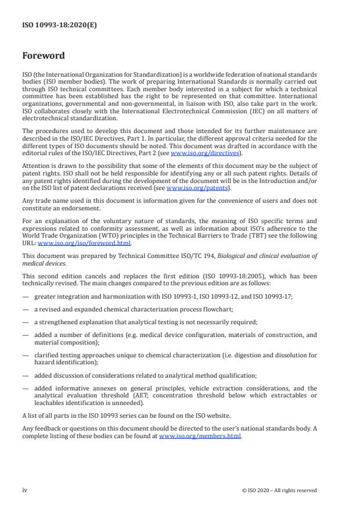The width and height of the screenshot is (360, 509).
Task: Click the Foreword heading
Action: [44, 56]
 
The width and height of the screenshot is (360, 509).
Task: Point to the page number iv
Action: [25, 490]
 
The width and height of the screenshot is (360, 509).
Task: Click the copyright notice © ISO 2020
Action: [279, 490]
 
